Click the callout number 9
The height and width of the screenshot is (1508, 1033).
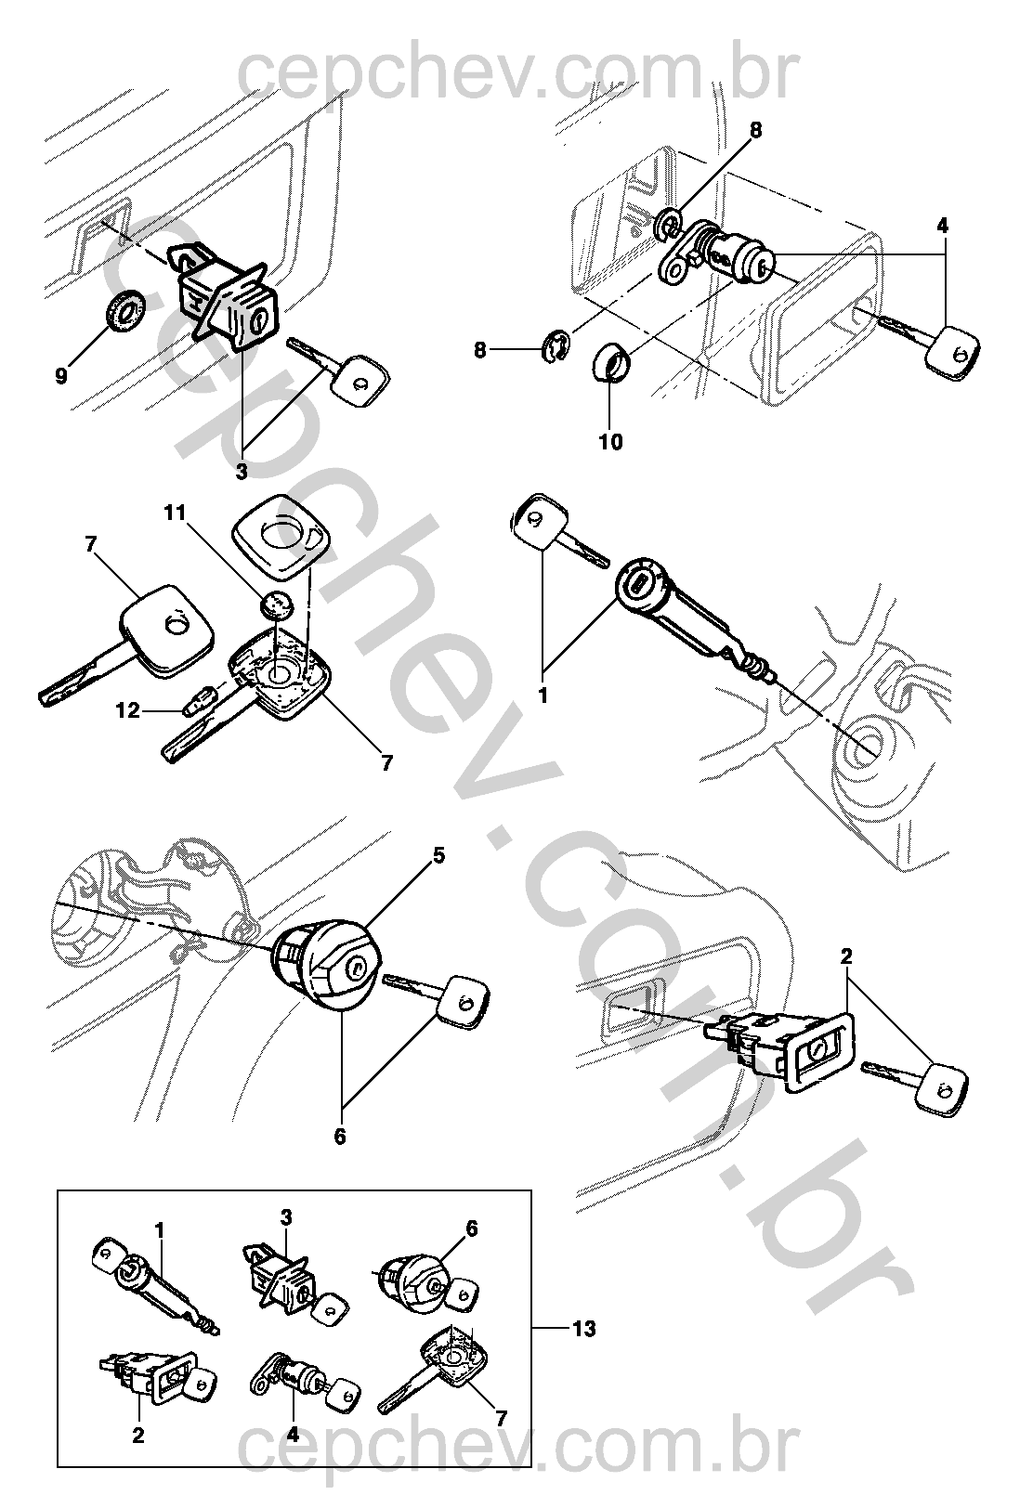click(61, 376)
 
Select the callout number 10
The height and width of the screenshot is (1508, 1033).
click(610, 441)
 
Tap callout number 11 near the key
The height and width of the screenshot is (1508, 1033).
click(176, 513)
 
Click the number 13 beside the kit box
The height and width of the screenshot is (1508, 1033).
click(582, 1329)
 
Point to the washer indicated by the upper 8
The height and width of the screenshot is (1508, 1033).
click(669, 223)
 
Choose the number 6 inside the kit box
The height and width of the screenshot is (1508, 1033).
click(471, 1228)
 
